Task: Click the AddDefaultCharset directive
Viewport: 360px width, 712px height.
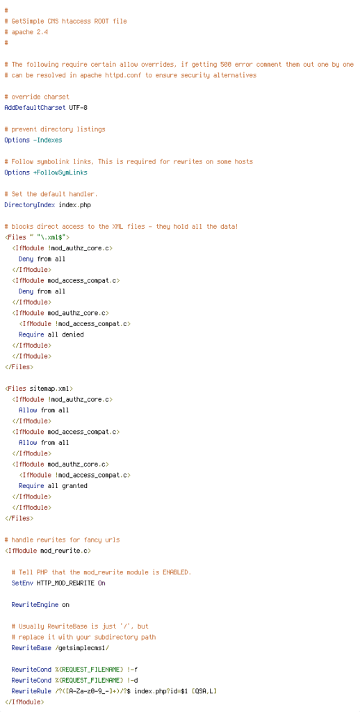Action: click(x=35, y=108)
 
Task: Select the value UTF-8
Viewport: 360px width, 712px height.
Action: click(x=78, y=108)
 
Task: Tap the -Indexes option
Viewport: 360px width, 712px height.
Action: click(x=48, y=140)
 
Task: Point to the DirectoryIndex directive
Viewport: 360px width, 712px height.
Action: click(x=29, y=205)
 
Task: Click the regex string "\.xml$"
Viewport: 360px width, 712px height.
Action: click(x=53, y=238)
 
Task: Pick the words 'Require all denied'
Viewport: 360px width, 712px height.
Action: click(x=51, y=334)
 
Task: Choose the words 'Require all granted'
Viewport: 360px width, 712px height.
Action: click(x=53, y=486)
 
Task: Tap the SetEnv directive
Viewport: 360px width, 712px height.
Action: click(x=22, y=583)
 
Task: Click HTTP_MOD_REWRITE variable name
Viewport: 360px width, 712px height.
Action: click(x=66, y=583)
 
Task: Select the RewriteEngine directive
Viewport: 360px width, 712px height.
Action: click(x=35, y=605)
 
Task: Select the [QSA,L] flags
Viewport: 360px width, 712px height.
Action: click(x=204, y=691)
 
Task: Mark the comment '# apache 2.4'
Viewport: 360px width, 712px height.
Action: click(x=26, y=32)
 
